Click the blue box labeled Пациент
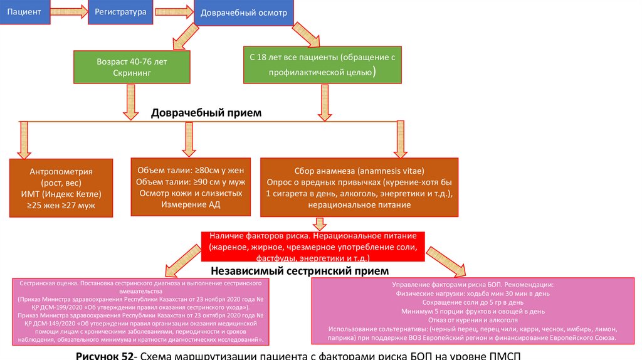click(23, 12)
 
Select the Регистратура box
click(120, 12)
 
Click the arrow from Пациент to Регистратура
click(67, 12)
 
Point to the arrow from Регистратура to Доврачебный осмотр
click(174, 12)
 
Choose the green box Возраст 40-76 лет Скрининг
click(132, 68)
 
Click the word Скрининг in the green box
click(132, 73)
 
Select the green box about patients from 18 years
click(323, 64)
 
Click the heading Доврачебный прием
click(206, 113)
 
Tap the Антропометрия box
click(61, 188)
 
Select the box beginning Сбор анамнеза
click(360, 187)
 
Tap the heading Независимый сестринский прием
click(300, 271)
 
